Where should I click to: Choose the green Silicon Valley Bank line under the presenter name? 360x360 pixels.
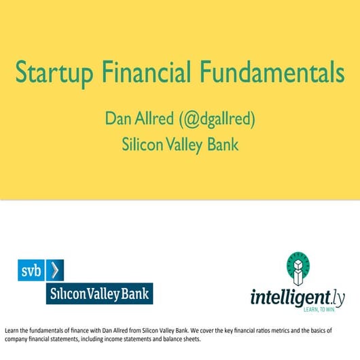tap(179, 144)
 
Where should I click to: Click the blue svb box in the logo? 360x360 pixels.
tap(31, 270)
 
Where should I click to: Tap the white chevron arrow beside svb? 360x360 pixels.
tap(54, 270)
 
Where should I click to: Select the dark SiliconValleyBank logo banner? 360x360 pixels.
tap(99, 293)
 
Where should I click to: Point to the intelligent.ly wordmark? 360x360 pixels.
tap(293, 297)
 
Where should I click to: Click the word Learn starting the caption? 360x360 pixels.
tap(12, 330)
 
